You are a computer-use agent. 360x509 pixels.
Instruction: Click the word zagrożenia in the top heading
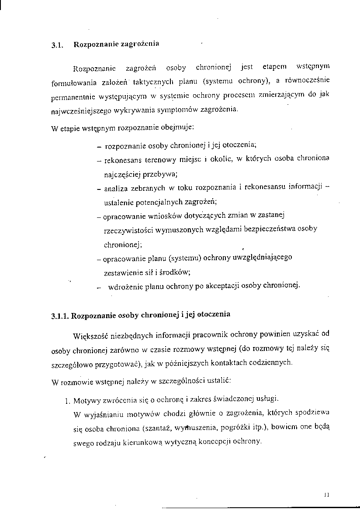coord(142,44)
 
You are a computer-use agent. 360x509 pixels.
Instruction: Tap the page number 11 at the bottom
coord(327,495)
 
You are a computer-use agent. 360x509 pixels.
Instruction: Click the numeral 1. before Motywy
coord(67,400)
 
